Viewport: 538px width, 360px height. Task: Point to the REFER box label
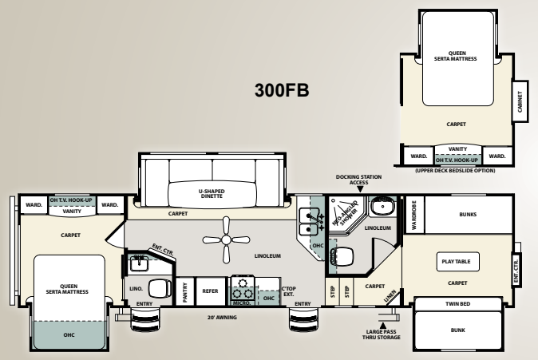click(x=210, y=291)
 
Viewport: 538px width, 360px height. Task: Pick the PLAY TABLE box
click(x=457, y=260)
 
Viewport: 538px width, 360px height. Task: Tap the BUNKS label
click(x=468, y=213)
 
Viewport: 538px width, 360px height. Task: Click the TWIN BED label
click(x=457, y=304)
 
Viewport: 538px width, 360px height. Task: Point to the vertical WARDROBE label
click(x=413, y=215)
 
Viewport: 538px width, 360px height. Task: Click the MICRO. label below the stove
click(x=242, y=303)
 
